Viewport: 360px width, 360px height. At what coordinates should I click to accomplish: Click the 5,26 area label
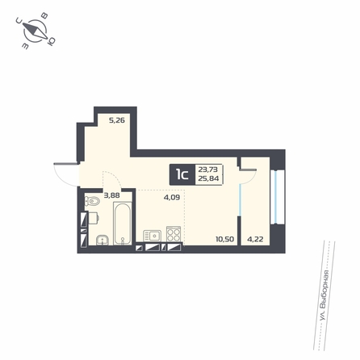click(x=117, y=120)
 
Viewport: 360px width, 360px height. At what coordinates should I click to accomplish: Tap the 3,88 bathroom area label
click(x=111, y=195)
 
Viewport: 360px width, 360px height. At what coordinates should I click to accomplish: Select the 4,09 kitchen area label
click(x=172, y=198)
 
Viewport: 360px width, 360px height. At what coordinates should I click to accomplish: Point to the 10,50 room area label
click(x=224, y=239)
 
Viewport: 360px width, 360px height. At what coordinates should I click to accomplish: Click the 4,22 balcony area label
click(x=255, y=239)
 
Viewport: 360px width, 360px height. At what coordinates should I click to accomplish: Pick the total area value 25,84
click(x=208, y=178)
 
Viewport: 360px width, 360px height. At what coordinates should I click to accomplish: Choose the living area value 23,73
click(x=208, y=170)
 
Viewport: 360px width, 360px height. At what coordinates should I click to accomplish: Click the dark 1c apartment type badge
click(x=182, y=174)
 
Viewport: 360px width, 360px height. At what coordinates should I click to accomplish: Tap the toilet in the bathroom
click(x=92, y=200)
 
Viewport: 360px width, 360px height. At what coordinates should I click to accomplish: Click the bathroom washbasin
click(x=103, y=240)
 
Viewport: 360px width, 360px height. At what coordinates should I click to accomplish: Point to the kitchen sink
click(x=152, y=236)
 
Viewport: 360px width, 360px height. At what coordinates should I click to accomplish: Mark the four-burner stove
click(x=173, y=234)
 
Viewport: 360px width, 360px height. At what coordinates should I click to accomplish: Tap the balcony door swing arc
click(x=251, y=178)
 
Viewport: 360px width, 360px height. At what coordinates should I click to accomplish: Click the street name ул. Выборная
click(x=324, y=295)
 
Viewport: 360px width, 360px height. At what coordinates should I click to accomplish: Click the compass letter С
click(x=19, y=19)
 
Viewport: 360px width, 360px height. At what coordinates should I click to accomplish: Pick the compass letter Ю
click(x=51, y=41)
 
